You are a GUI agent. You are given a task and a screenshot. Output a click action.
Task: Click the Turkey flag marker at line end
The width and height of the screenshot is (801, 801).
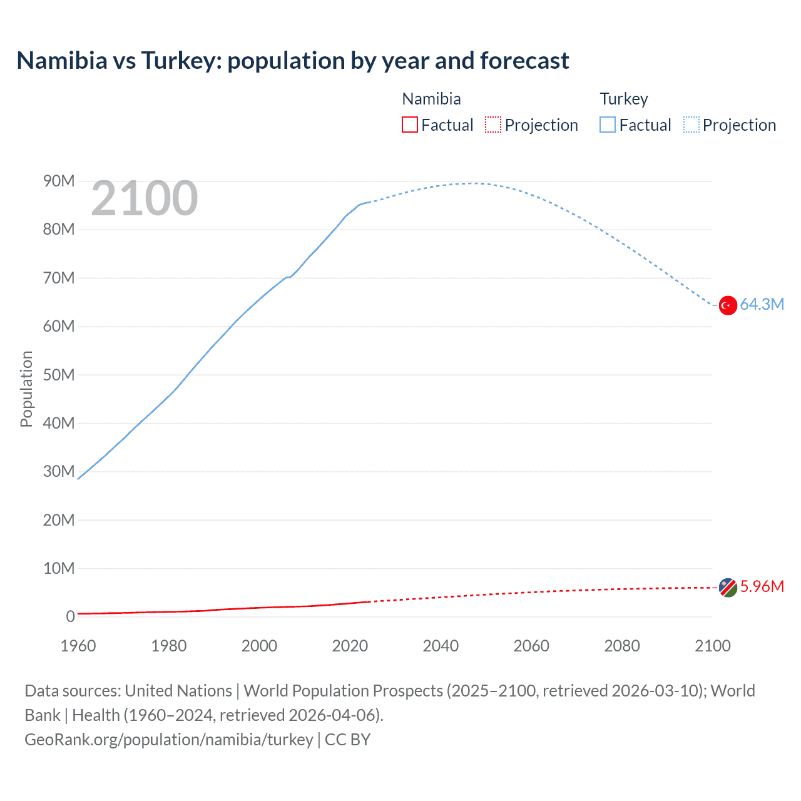pos(728,305)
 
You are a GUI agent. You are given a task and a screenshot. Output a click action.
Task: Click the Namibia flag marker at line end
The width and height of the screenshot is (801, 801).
pos(728,588)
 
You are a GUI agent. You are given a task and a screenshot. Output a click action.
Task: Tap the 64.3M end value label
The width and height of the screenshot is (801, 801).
pos(762,305)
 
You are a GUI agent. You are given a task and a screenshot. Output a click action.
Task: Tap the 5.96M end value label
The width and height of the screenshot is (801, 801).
pos(762,587)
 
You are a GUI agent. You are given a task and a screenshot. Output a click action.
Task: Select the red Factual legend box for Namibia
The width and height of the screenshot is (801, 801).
pos(410,125)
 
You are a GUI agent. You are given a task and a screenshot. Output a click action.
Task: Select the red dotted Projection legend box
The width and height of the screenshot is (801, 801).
pos(493,125)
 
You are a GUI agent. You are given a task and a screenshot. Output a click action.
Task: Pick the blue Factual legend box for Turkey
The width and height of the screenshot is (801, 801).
pos(608,125)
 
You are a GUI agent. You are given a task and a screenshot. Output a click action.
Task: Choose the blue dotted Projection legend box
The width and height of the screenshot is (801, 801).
pos(691,125)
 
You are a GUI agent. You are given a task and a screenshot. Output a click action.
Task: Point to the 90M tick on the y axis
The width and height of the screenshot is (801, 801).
pos(59,181)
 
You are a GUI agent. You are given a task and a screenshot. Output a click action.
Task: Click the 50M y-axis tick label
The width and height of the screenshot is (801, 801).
pos(59,375)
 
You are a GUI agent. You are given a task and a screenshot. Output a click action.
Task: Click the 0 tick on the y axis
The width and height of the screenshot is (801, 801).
pos(70,617)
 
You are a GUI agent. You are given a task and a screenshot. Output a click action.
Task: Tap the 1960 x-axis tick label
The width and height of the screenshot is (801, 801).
pos(78,646)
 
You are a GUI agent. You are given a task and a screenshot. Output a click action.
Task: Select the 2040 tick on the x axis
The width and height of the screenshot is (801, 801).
pos(441,646)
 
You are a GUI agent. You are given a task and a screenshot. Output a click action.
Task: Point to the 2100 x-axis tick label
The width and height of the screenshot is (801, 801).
pos(712,646)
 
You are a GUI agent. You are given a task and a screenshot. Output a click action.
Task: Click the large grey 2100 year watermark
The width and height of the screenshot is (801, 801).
pos(145,199)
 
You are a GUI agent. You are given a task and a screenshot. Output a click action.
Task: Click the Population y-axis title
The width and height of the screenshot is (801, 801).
pos(26,389)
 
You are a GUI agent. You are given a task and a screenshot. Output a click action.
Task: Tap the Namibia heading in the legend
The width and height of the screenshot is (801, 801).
pos(431,99)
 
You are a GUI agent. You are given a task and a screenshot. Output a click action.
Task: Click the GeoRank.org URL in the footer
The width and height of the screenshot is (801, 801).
pos(169,740)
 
